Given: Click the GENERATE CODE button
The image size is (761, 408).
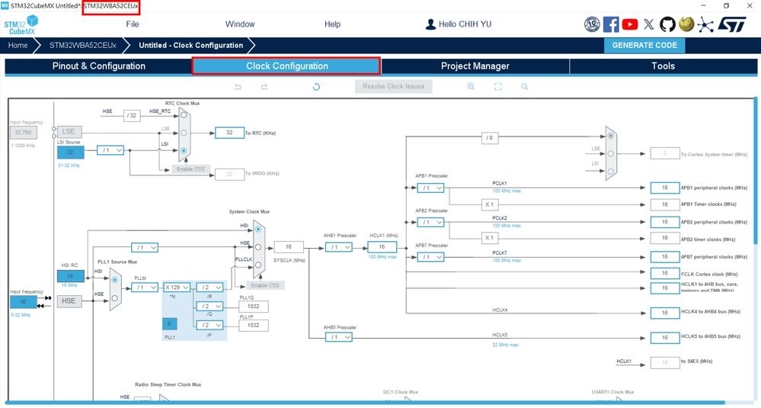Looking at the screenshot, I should coord(644,45).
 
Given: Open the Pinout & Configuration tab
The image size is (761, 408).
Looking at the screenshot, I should coord(98,66).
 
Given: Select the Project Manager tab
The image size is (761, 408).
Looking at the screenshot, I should coord(475,66).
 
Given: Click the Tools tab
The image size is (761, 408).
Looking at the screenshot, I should coord(663,66).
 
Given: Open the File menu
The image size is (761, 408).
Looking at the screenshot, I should coord(133,24).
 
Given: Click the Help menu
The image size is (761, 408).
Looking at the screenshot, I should coord(333,24).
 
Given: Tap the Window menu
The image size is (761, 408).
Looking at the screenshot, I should coord(240,24).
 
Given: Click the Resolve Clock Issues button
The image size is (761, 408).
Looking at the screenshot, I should coord(393,86).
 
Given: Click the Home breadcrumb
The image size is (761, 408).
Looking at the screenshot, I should coord(18,45).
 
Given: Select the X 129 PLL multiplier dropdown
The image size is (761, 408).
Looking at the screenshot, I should coord(177,288).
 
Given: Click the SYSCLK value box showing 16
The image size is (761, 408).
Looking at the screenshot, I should coord(289,247).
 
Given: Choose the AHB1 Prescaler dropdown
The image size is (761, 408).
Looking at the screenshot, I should coord(337,247).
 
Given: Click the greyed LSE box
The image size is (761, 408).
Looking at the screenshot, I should coord(69,132).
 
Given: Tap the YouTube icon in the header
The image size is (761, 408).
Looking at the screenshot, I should coord(630,24).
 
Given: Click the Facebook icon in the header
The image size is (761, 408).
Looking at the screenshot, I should coord(611,24).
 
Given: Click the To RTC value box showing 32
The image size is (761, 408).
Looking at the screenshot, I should coord(229,133).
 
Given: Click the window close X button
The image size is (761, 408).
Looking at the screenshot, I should coord(749,5).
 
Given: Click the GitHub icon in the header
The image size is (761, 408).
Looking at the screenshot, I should coord(667,24).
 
